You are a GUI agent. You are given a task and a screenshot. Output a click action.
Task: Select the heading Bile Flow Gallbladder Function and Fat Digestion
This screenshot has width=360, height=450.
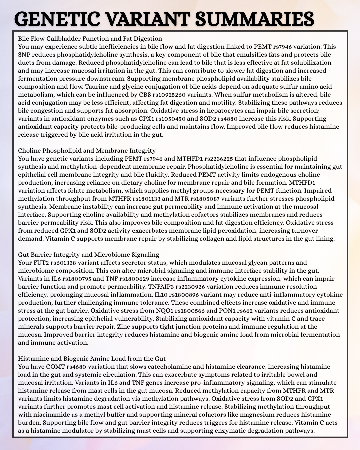tap(90, 39)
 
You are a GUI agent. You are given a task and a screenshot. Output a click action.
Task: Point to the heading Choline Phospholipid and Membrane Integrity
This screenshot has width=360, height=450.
tap(87, 151)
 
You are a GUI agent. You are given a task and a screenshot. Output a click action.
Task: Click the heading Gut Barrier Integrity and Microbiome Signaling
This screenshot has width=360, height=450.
tap(89, 255)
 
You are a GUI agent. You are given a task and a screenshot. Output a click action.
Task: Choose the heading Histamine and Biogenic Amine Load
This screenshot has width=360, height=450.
tap(92, 359)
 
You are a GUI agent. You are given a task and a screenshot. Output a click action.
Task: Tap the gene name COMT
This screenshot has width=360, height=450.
tap(55, 367)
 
